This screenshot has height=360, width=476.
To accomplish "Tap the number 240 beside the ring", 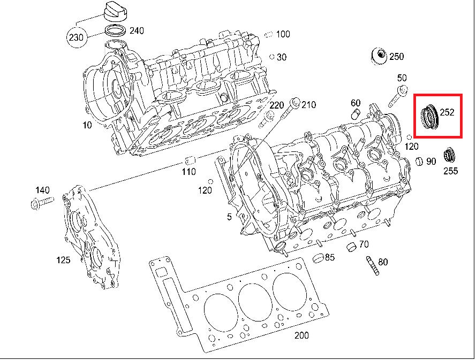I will pos(137,30).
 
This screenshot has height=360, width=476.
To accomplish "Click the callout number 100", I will pos(283,34).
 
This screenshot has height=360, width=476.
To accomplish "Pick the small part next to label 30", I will pos(272,57).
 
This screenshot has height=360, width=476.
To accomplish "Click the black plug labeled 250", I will pos(380,56).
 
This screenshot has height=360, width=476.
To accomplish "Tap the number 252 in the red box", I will pos(447,112).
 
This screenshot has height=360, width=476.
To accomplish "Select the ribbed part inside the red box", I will pos(429,116).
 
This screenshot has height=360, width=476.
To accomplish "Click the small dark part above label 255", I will pos(451,156).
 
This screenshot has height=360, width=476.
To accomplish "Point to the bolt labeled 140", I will pos(39,203).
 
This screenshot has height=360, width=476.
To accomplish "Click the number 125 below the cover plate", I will pos(63,261).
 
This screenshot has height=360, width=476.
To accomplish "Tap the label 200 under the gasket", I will pos(302,336).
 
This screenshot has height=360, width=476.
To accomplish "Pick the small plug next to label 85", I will pos(318,258).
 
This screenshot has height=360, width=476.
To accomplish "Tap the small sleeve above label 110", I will pos(188,160).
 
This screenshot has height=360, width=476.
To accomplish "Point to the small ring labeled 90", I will pos(420,161).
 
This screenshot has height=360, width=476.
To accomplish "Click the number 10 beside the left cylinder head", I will pos(87,125).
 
